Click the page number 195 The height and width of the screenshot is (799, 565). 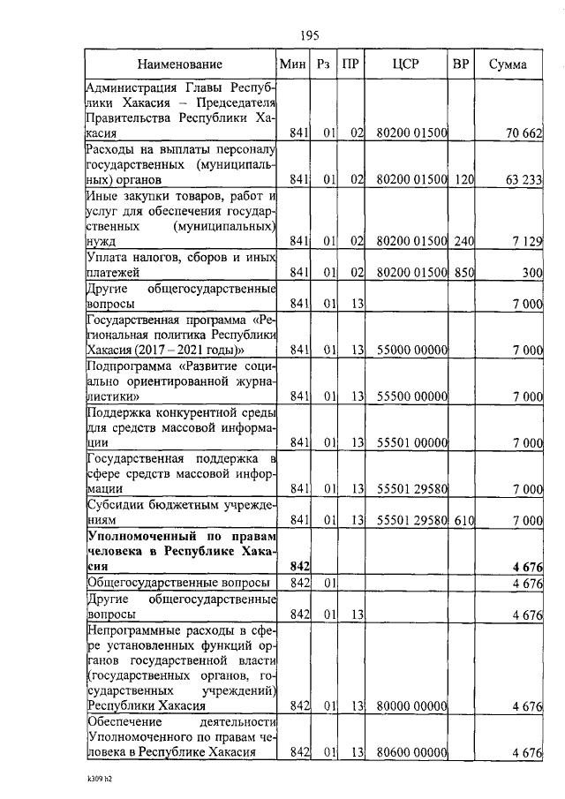point(309,35)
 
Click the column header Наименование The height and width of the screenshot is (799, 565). point(180,64)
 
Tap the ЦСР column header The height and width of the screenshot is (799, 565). point(407,64)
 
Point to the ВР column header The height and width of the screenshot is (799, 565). point(461,64)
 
